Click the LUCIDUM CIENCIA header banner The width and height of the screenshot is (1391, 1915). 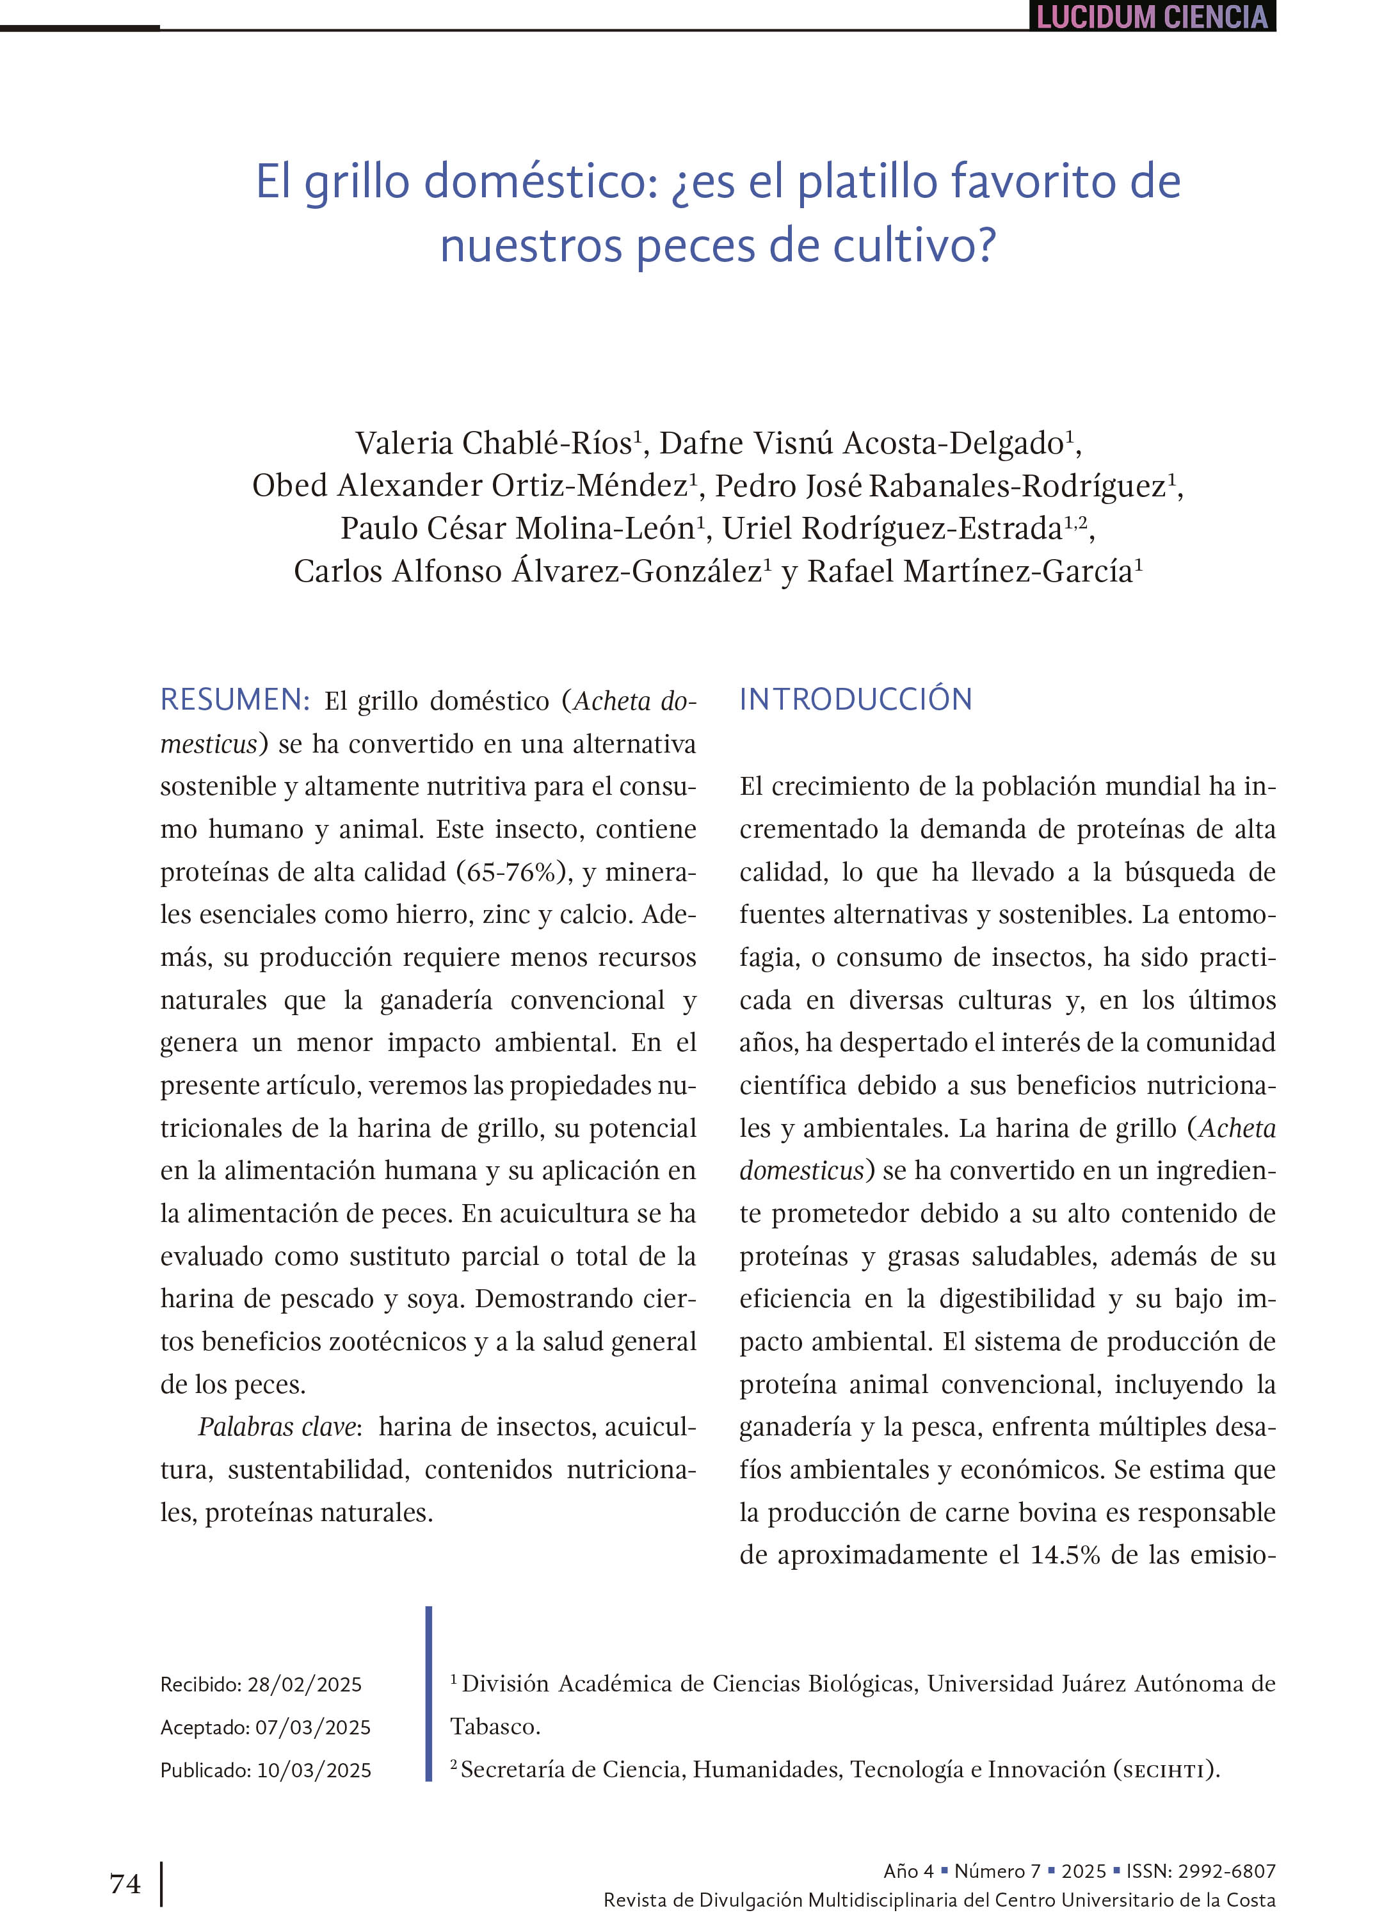(1152, 17)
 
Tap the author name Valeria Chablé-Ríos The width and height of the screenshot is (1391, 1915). (494, 443)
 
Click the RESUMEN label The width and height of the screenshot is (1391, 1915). (235, 700)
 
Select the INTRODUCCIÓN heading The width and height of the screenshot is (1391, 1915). (855, 700)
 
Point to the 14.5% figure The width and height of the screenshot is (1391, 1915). (1065, 1555)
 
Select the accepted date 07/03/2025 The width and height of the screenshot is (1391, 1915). (312, 1727)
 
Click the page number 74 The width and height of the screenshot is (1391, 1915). (125, 1884)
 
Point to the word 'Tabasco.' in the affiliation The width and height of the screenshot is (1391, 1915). (495, 1727)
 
